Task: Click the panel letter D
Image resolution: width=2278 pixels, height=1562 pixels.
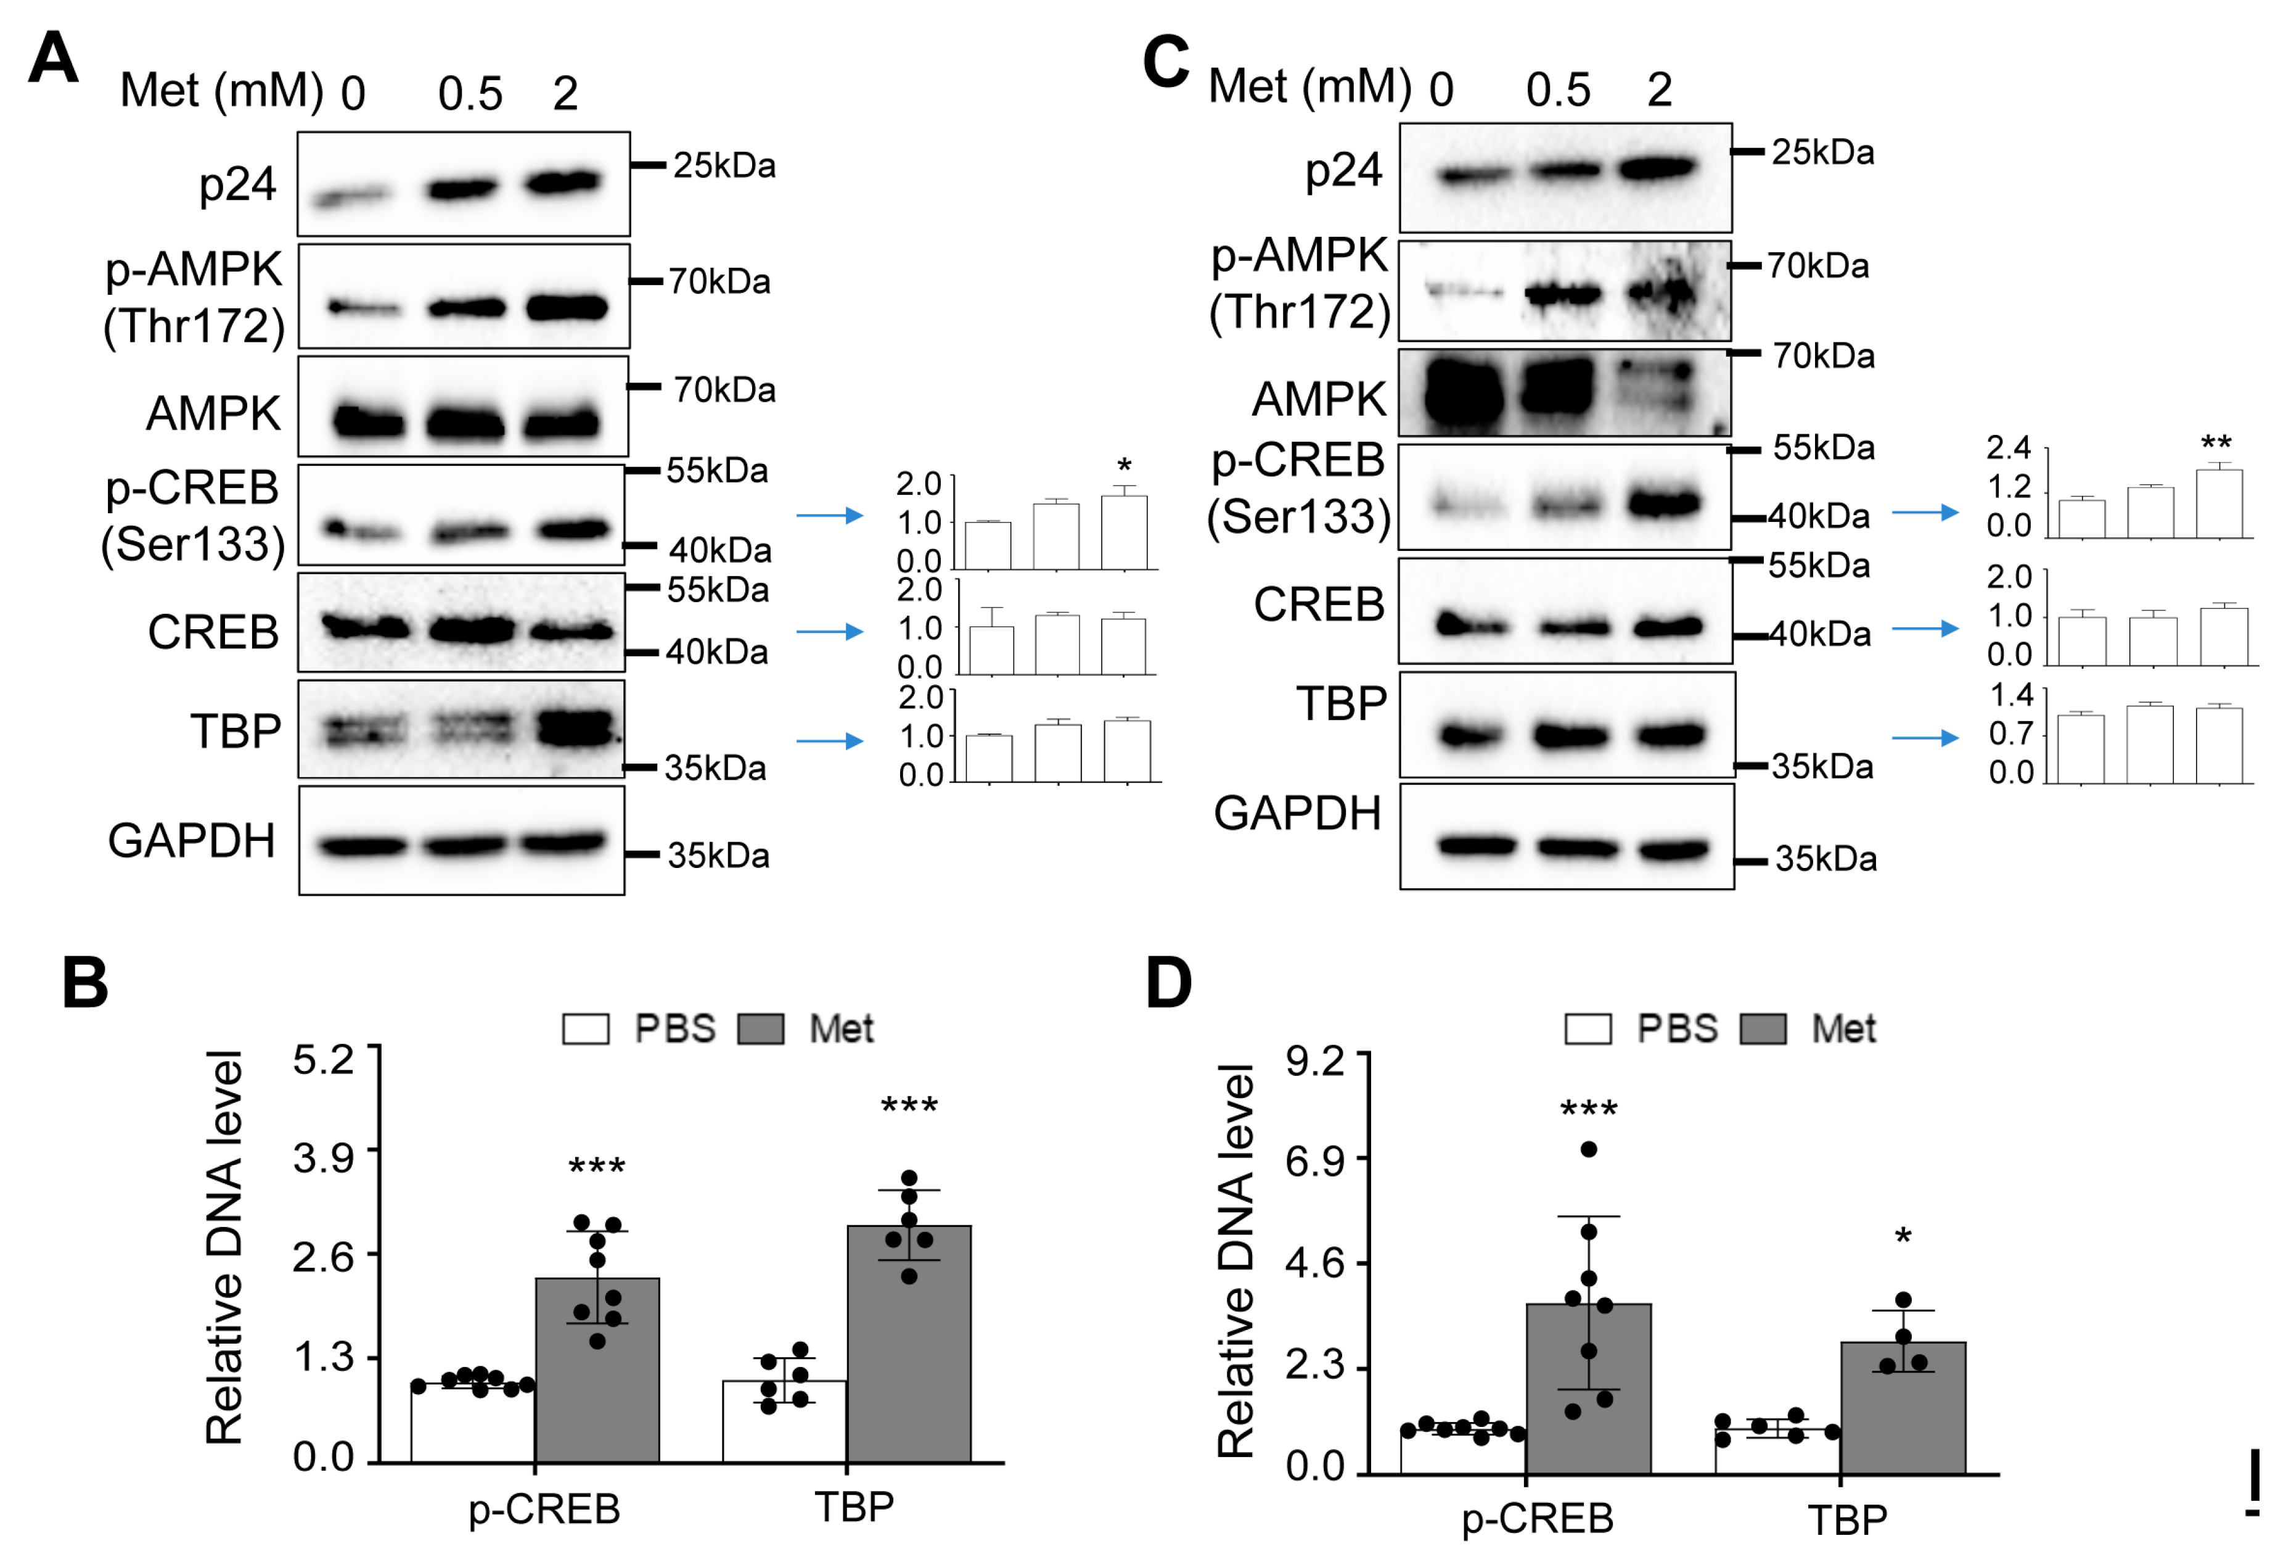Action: pos(1168,983)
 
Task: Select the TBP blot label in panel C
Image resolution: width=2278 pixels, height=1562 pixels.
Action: pos(1341,703)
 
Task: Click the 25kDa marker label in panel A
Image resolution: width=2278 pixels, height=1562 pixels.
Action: pos(723,166)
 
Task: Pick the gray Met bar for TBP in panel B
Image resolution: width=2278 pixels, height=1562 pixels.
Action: pos(909,1344)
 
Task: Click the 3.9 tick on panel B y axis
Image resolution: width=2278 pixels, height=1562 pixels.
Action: pos(324,1158)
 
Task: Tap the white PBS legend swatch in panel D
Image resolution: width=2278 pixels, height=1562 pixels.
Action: pos(1588,1028)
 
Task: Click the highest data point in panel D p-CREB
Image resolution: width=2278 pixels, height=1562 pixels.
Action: pos(1589,1149)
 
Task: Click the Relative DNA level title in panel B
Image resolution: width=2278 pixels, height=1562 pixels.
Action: pos(224,1247)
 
